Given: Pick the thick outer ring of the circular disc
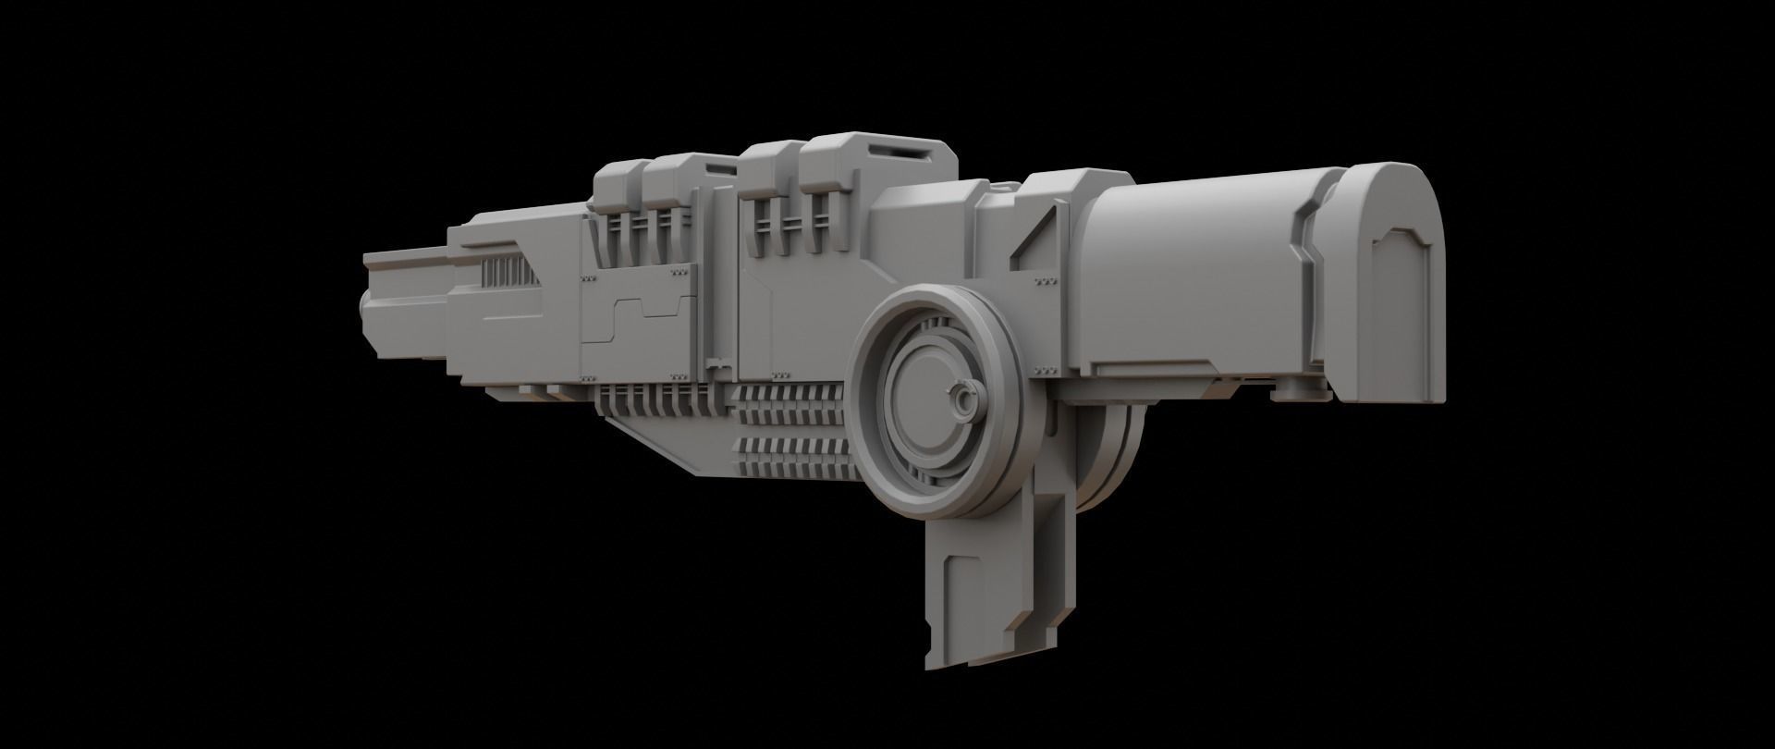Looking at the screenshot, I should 874,407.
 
